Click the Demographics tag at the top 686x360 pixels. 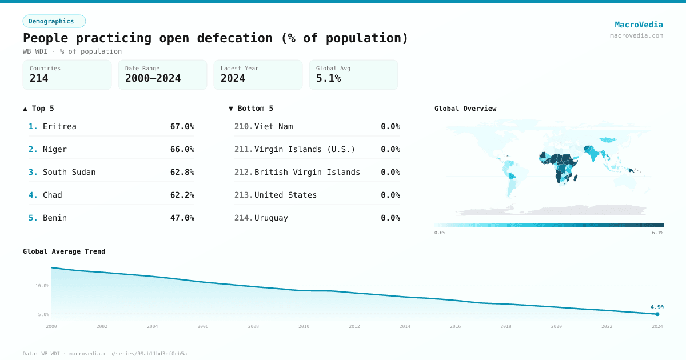(54, 21)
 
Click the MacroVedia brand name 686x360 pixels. (639, 25)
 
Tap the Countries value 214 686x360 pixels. (39, 78)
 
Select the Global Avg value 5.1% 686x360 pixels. (328, 78)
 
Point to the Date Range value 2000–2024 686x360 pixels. (153, 78)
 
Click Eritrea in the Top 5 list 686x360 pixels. (59, 126)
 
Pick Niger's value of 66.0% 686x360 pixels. (182, 149)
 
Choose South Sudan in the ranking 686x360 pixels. (69, 172)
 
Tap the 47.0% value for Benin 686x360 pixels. (182, 218)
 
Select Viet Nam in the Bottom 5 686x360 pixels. (273, 126)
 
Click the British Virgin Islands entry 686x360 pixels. (307, 172)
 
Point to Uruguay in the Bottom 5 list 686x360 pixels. (271, 218)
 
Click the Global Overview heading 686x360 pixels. (465, 109)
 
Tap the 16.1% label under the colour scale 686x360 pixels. (656, 233)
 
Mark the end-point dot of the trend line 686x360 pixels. (657, 314)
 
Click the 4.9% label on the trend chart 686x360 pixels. (657, 307)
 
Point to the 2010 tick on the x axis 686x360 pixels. (304, 326)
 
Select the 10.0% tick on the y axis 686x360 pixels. (42, 286)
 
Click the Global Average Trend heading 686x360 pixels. (64, 251)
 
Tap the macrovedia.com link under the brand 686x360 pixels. (636, 35)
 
